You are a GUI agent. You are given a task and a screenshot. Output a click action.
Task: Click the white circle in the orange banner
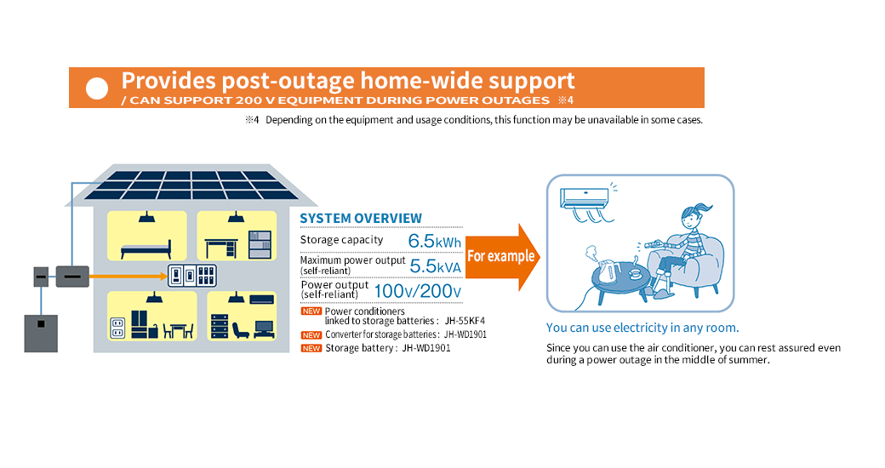coord(99,88)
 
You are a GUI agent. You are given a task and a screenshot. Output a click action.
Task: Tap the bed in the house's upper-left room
coord(146,248)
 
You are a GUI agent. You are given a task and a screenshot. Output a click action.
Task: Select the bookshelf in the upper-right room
coord(260,244)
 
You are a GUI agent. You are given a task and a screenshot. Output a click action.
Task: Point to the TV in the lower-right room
coord(265,327)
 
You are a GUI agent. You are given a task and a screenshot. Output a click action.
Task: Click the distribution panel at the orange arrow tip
coord(193,276)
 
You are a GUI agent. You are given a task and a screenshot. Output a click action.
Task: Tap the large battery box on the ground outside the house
coord(40,333)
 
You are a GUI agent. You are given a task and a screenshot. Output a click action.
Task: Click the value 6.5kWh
coord(434,241)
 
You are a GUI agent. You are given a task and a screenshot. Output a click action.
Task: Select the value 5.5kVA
coord(435,265)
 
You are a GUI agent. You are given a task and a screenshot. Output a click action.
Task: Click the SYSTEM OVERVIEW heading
coord(361,219)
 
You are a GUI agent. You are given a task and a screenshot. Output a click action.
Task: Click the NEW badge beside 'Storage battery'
coord(311,348)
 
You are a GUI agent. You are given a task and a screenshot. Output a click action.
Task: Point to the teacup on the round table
coord(633,273)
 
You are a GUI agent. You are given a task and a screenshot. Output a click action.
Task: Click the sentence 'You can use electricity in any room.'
coord(642,328)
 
